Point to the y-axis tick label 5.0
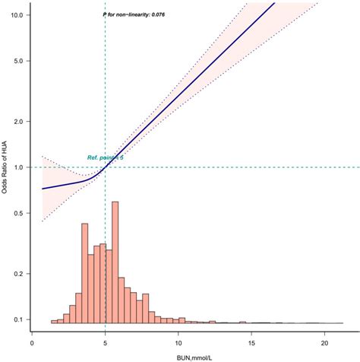21,60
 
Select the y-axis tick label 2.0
21,122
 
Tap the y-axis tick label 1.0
21,167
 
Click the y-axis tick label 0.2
21,274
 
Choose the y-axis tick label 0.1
21,319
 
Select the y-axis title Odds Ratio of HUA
6,167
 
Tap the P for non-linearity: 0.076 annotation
134,14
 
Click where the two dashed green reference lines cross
105,167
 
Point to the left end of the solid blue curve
43,189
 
